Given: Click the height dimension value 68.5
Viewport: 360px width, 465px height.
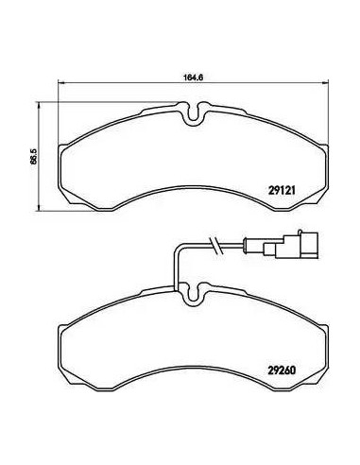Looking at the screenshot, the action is [34, 156].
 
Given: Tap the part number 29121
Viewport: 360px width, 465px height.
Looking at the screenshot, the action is [282, 190].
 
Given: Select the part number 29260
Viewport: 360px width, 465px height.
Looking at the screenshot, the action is [282, 370].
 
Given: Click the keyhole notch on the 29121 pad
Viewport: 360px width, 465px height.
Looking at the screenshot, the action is [194, 113].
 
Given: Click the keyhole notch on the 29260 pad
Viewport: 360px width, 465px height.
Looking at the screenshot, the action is [194, 293].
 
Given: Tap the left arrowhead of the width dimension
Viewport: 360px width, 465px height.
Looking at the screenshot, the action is [61, 82].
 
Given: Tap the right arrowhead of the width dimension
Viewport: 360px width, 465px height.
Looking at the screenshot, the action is [325, 82].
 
